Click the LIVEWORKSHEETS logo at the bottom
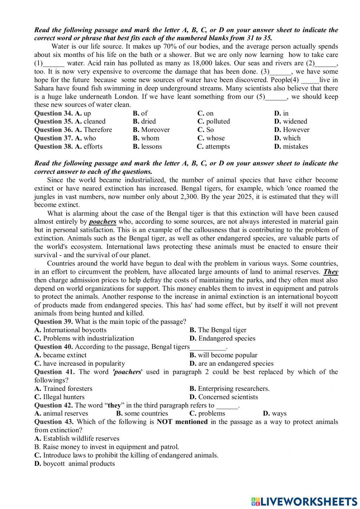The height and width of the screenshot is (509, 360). pyautogui.click(x=304, y=501)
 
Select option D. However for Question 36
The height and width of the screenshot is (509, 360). pyautogui.click(x=292, y=130)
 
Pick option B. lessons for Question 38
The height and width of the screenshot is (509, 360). pyautogui.click(x=147, y=146)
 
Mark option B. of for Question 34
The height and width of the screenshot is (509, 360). pyautogui.click(x=140, y=113)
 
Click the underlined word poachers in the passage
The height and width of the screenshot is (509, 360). pyautogui.click(x=103, y=222)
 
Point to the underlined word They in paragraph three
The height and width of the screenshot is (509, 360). pyautogui.click(x=330, y=272)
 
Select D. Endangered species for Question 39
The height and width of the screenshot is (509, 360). pyautogui.click(x=222, y=338)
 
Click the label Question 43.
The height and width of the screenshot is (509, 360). pyautogui.click(x=54, y=421)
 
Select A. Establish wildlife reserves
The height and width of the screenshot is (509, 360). pyautogui.click(x=77, y=438)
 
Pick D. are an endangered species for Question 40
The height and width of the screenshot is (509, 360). pyautogui.click(x=231, y=363)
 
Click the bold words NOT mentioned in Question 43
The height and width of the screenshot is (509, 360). pyautogui.click(x=182, y=421)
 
